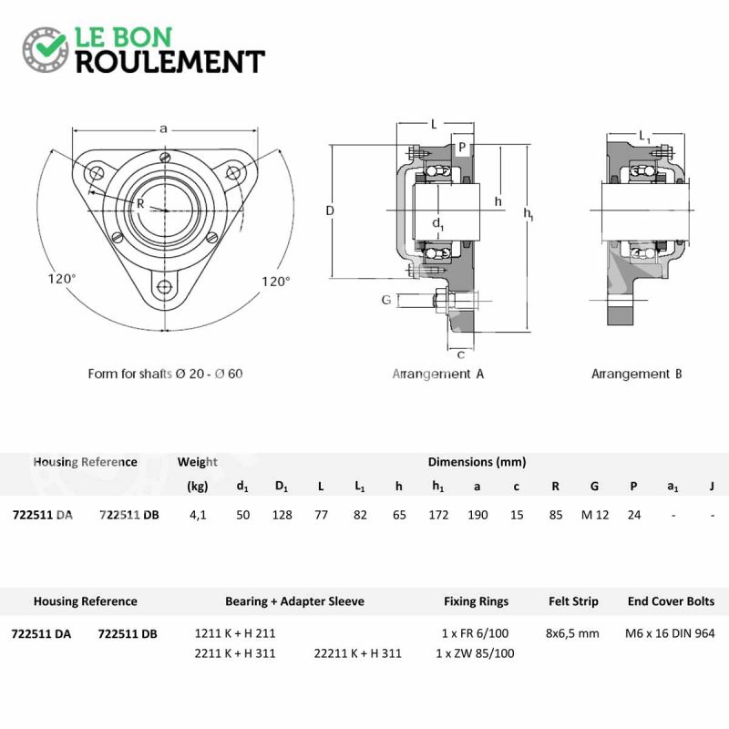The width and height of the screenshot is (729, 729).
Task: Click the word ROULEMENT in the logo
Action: [x=170, y=62]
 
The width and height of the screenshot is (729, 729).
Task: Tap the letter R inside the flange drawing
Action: [x=140, y=203]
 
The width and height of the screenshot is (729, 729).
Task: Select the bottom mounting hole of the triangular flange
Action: [x=164, y=287]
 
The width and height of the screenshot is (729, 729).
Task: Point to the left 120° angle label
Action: [x=62, y=279]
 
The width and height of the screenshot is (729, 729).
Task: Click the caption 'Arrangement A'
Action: [x=438, y=374]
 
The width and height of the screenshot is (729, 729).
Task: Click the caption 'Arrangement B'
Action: [x=636, y=374]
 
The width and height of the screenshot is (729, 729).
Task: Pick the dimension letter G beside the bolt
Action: [x=385, y=300]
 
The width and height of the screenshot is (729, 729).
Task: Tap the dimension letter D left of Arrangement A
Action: [x=330, y=210]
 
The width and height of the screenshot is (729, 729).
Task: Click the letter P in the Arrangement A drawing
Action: [x=462, y=147]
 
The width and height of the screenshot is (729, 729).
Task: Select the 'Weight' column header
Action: [x=197, y=462]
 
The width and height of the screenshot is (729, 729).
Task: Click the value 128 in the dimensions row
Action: [x=282, y=515]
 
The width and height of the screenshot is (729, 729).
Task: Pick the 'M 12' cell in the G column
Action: [x=595, y=515]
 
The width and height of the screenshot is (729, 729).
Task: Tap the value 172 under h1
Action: [x=438, y=515]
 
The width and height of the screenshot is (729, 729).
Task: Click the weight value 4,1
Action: [x=198, y=515]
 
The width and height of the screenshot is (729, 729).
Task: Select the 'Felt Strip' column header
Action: [x=573, y=601]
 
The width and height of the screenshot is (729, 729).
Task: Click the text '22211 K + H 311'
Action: [x=357, y=653]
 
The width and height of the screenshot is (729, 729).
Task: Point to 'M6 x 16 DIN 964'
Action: [x=670, y=633]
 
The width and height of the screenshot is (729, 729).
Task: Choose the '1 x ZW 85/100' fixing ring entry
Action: [x=475, y=653]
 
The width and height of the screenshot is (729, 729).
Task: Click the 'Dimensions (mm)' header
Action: [x=477, y=462]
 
